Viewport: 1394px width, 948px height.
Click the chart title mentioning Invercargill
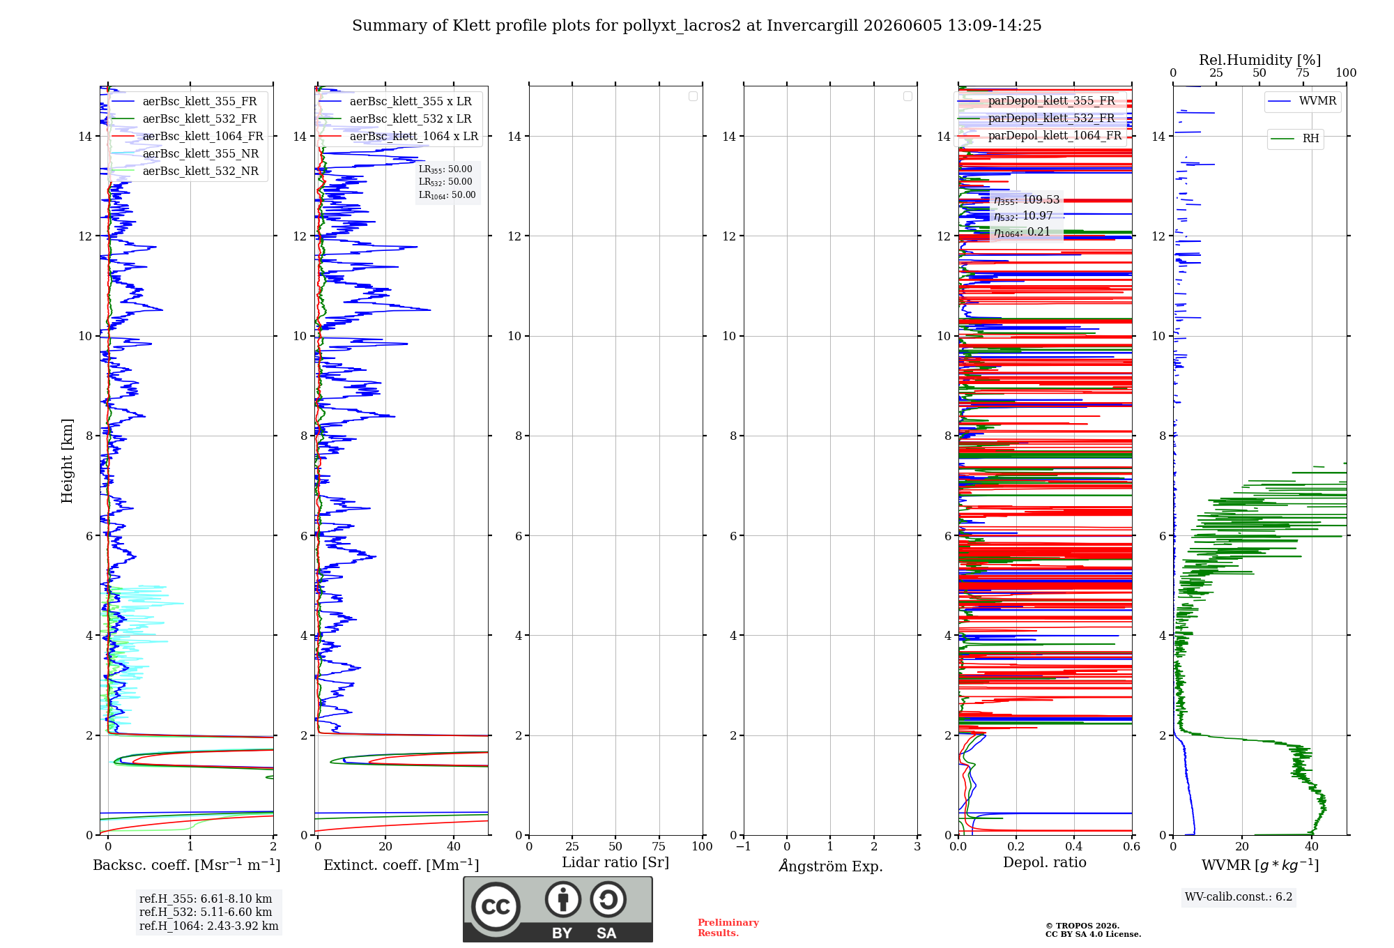coord(696,26)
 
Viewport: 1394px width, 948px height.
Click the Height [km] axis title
coord(67,461)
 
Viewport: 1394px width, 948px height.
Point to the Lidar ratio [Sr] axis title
coord(615,863)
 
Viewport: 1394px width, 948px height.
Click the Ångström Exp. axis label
coord(830,865)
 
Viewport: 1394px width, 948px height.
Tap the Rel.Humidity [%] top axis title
coord(1259,60)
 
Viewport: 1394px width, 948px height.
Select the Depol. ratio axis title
coord(1044,862)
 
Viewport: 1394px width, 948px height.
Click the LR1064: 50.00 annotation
coord(447,195)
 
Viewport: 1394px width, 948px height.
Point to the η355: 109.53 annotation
coord(1027,200)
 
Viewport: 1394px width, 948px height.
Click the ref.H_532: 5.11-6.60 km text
coord(206,912)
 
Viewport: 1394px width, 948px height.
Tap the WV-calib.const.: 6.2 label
coord(1239,897)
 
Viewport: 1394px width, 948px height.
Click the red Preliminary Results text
coord(728,928)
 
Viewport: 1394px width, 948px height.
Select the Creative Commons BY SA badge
coord(558,909)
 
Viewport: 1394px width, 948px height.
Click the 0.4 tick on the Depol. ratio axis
coord(1074,847)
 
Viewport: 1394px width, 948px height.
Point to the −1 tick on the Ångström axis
coord(744,847)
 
